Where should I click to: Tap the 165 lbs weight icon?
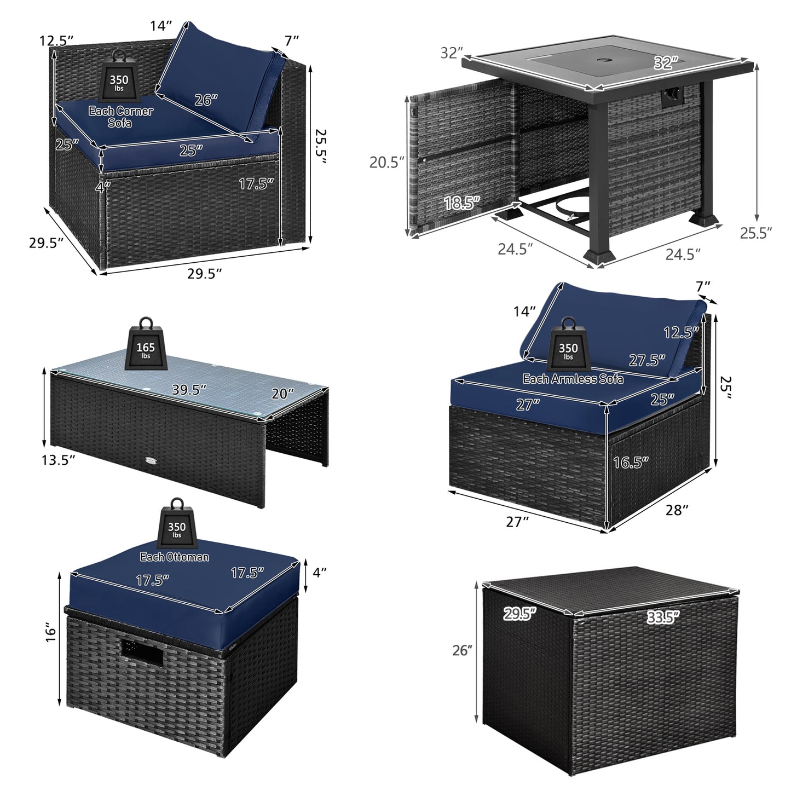pyautogui.click(x=146, y=346)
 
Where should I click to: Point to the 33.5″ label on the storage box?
pyautogui.click(x=662, y=617)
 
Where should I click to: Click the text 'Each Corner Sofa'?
pyautogui.click(x=121, y=117)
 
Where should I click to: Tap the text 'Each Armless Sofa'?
pyautogui.click(x=573, y=378)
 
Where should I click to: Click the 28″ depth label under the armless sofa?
pyautogui.click(x=677, y=510)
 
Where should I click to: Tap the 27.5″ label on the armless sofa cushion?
pyautogui.click(x=646, y=360)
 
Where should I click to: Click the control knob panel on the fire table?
pyautogui.click(x=672, y=97)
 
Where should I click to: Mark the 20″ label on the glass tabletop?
pyautogui.click(x=283, y=393)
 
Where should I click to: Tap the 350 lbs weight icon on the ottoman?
pyautogui.click(x=177, y=528)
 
